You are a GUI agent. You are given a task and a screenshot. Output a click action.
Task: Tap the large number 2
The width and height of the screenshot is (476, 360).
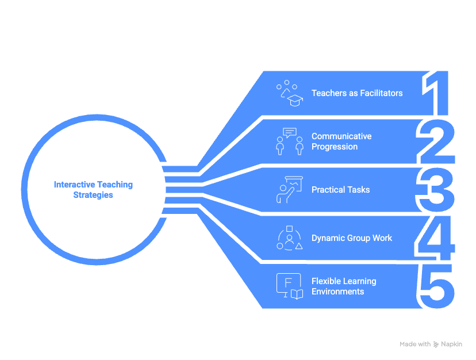pyautogui.click(x=436, y=141)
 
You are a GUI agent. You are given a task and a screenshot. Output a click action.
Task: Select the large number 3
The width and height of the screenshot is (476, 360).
pyautogui.click(x=435, y=190)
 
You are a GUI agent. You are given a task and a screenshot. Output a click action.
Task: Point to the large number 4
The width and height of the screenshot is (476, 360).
pyautogui.click(x=435, y=238)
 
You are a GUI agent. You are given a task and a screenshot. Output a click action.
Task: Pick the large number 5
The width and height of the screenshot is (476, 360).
pyautogui.click(x=436, y=286)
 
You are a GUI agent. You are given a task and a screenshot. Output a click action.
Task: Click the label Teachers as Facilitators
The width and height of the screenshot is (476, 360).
pyautogui.click(x=356, y=93)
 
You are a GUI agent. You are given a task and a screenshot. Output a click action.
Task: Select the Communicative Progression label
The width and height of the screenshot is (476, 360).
pyautogui.click(x=341, y=141)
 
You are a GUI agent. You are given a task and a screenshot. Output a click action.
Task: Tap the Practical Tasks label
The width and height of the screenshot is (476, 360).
pyautogui.click(x=340, y=190)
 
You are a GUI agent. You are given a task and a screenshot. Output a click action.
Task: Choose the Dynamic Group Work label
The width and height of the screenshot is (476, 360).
pyautogui.click(x=351, y=238)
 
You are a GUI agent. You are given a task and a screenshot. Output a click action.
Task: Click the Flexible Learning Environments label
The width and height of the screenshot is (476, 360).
pyautogui.click(x=343, y=286)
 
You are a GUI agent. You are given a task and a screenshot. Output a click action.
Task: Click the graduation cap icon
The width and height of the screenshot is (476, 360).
pyautogui.click(x=295, y=101)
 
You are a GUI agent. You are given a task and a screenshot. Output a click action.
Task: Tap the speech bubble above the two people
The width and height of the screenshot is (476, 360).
pyautogui.click(x=290, y=132)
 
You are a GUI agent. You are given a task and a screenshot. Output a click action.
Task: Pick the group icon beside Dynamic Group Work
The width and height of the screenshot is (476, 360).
pyautogui.click(x=289, y=238)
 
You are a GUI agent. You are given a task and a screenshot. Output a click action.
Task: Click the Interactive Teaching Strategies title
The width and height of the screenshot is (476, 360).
pyautogui.click(x=93, y=190)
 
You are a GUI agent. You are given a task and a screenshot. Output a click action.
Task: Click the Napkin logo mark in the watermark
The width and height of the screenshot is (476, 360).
pyautogui.click(x=436, y=344)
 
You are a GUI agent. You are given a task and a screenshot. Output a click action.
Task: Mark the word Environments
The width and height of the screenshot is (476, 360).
pyautogui.click(x=337, y=292)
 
